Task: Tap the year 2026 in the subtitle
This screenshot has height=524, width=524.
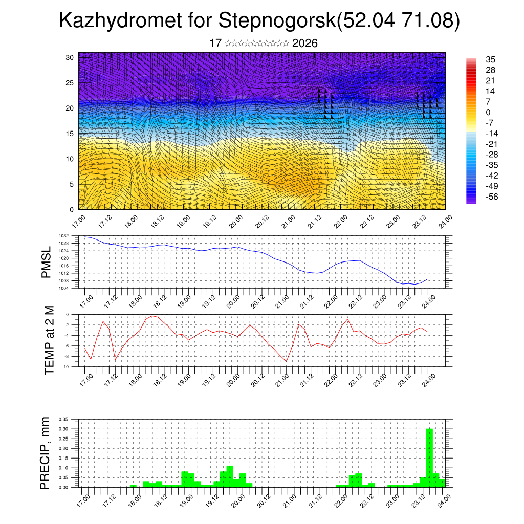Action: (x=305, y=43)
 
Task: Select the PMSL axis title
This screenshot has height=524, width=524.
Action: (x=47, y=262)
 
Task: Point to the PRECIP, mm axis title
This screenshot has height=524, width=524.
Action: (x=47, y=453)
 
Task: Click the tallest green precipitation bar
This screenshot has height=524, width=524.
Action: (x=429, y=458)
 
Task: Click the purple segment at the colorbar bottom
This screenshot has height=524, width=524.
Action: (x=471, y=201)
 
